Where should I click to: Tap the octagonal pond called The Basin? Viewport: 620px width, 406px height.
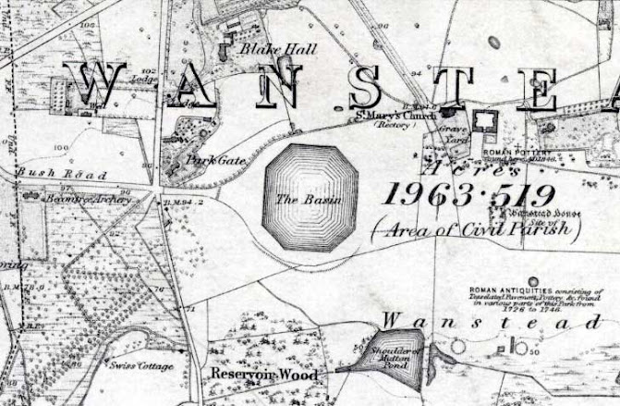(x=309, y=196)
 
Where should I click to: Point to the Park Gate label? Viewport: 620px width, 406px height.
(x=215, y=160)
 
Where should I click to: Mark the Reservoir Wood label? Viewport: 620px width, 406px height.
(x=264, y=375)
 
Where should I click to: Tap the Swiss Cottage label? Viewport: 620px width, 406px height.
(x=141, y=366)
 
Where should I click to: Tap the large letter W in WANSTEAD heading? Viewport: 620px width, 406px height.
(x=101, y=83)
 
